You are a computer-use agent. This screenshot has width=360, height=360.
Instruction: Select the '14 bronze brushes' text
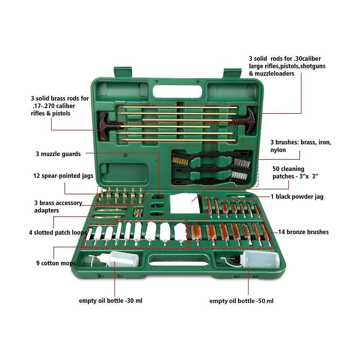click(303, 232)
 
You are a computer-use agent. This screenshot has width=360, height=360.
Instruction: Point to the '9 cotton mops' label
click(56, 263)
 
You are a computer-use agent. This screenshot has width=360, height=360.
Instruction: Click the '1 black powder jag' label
click(297, 197)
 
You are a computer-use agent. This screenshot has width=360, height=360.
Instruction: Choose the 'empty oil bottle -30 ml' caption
click(111, 300)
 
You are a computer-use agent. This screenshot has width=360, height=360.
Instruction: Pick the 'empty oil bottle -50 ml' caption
click(241, 301)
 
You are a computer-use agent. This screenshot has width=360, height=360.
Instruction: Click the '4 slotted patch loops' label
click(58, 232)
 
